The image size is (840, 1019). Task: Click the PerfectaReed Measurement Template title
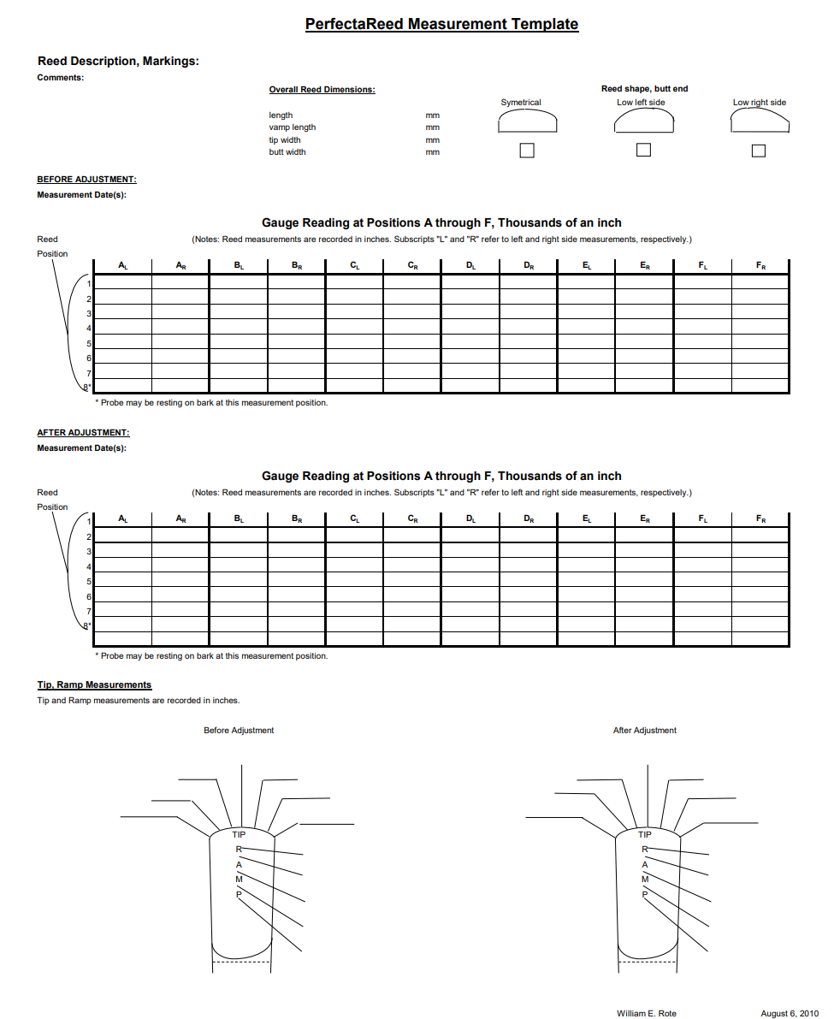(x=441, y=24)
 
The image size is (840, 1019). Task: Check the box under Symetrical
(x=527, y=151)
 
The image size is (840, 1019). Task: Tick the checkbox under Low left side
(x=643, y=151)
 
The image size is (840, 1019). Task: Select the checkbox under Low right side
(x=758, y=151)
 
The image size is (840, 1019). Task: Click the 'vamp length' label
(x=292, y=127)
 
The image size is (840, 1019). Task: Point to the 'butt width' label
(x=287, y=152)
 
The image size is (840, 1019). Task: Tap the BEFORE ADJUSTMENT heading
(x=86, y=180)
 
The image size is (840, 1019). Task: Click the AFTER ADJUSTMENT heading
(x=83, y=433)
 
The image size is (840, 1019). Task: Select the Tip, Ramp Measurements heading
(x=94, y=684)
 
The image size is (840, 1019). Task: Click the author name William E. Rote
(x=646, y=1013)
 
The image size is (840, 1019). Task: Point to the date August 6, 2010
(x=790, y=1013)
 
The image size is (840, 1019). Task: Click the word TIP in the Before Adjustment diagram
(x=239, y=834)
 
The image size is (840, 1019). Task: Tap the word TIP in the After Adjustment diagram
(x=645, y=834)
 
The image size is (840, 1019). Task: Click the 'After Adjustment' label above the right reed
(x=644, y=731)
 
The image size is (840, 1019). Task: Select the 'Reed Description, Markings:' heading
(x=118, y=62)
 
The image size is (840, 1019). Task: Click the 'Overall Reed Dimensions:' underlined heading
(x=322, y=90)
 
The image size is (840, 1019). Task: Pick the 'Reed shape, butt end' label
(x=644, y=89)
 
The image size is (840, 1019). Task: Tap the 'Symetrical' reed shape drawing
(x=527, y=123)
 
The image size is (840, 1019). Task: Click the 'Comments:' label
(x=61, y=78)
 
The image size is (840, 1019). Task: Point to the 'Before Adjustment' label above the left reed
(x=239, y=731)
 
